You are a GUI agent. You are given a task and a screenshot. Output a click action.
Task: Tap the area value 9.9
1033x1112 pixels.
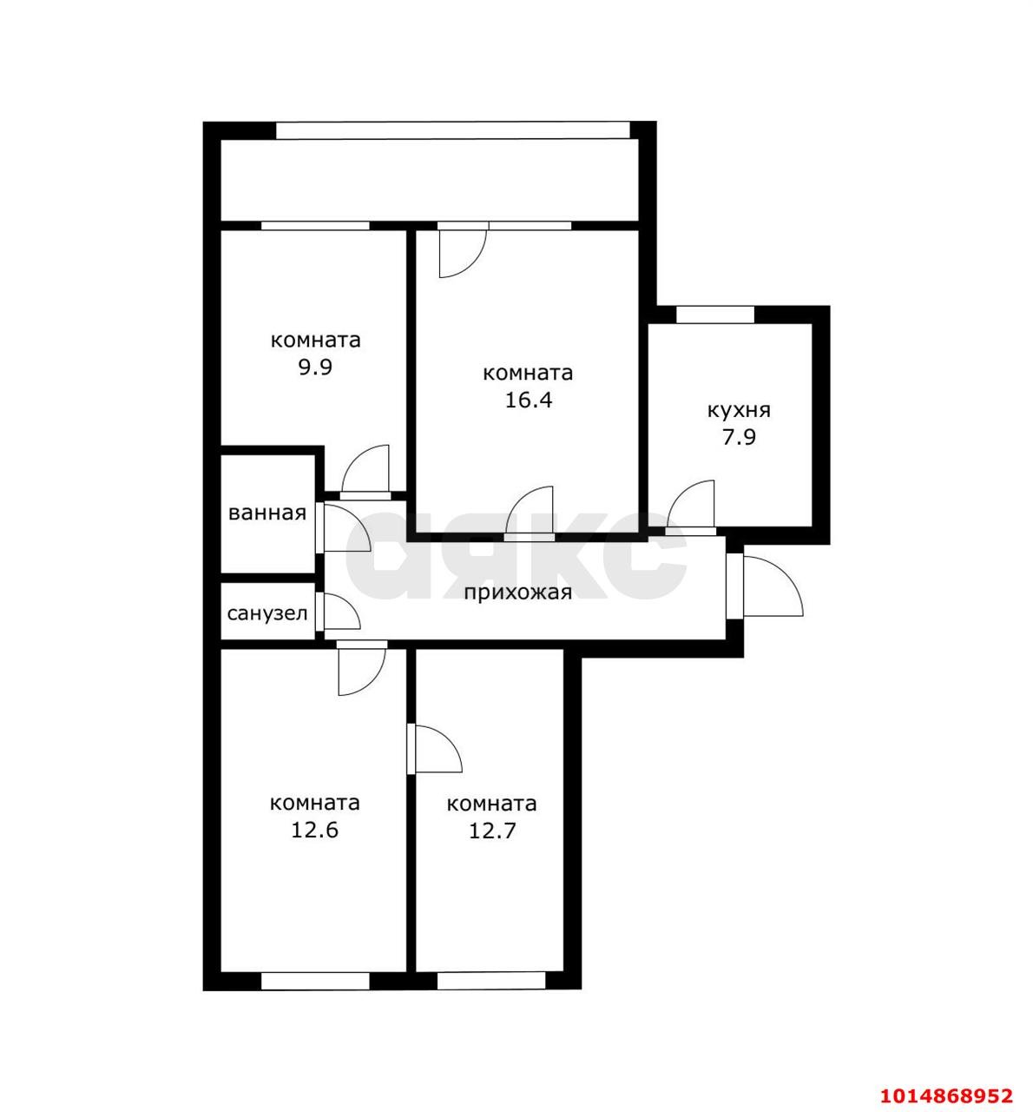(316, 367)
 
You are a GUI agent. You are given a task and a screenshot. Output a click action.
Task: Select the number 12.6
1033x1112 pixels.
(314, 831)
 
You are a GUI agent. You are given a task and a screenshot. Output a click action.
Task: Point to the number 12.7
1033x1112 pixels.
(492, 831)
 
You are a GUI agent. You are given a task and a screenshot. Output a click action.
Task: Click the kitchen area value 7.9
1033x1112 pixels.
(739, 437)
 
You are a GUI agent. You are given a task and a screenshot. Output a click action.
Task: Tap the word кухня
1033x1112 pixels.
(739, 410)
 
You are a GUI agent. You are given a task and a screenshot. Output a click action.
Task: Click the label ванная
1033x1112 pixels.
(267, 513)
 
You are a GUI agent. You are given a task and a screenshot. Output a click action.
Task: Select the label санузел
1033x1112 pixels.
(267, 613)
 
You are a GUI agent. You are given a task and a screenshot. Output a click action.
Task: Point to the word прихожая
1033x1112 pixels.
(517, 593)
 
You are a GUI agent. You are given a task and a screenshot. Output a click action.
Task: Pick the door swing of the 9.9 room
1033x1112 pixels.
(365, 470)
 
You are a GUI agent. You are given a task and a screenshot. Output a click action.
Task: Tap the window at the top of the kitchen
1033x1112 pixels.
(715, 314)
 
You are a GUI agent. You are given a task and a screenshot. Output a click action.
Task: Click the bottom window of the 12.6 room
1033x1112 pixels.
(315, 980)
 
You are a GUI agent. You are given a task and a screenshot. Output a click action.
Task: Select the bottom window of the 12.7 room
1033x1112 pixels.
(491, 980)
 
